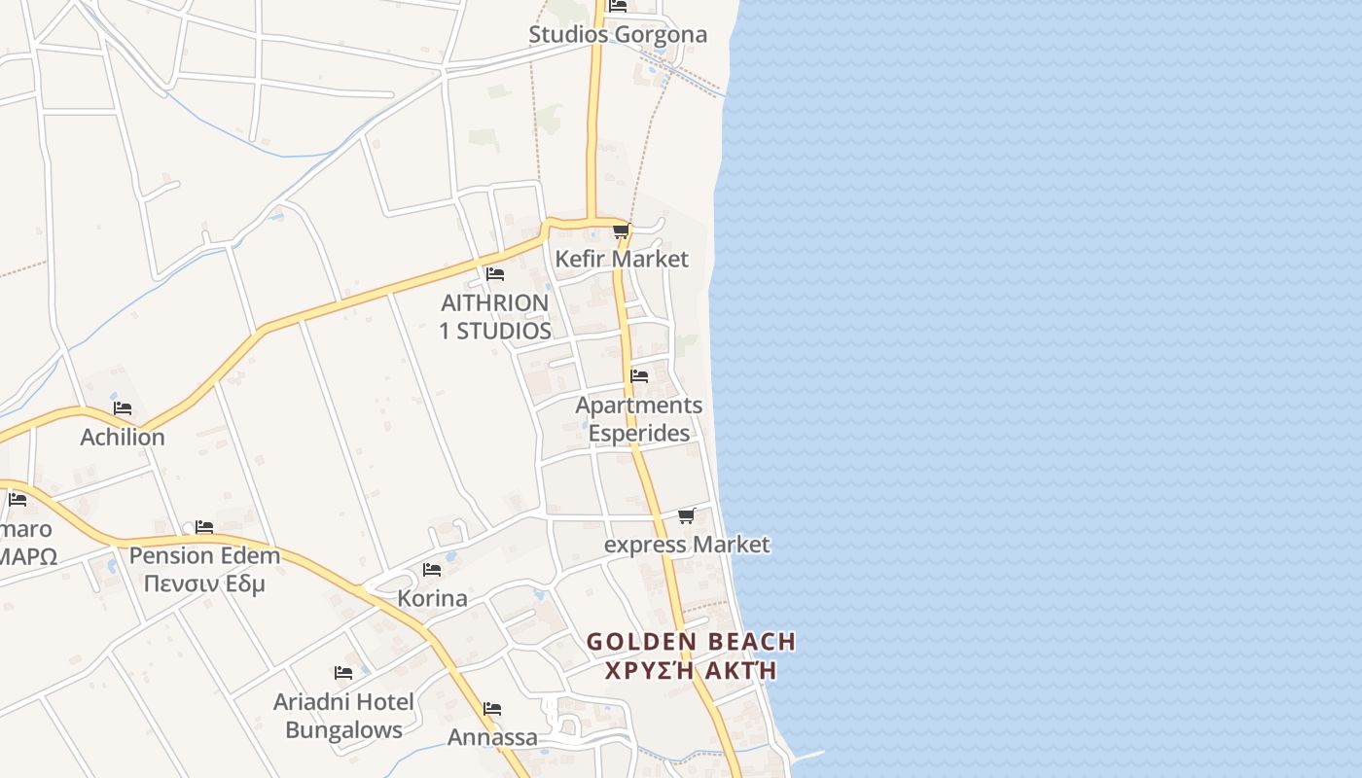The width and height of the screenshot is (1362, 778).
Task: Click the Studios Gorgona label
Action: click(618, 35)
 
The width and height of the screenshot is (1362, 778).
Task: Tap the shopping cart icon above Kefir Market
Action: click(621, 231)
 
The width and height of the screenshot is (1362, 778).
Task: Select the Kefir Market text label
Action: click(621, 259)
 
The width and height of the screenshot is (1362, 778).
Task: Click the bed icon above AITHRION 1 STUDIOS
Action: click(495, 274)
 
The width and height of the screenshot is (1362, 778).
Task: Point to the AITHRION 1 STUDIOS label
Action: click(495, 317)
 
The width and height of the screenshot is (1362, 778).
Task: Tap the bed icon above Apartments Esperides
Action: click(639, 376)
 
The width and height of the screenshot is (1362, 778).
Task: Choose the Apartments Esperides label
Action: click(639, 419)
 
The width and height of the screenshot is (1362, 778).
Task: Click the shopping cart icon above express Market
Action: click(686, 515)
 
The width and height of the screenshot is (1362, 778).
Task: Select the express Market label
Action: click(687, 545)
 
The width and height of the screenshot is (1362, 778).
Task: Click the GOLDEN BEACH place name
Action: click(691, 642)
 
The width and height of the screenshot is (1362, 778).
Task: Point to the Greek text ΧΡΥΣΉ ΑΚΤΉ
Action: click(691, 670)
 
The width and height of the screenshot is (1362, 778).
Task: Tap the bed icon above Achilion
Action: click(123, 408)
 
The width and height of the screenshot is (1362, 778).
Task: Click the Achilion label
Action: click(123, 438)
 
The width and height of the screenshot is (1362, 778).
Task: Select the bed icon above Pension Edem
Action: click(203, 527)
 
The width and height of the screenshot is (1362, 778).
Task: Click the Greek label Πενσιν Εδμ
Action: click(204, 584)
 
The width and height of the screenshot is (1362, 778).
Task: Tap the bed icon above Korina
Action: click(432, 570)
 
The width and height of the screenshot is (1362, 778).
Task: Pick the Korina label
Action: click(432, 598)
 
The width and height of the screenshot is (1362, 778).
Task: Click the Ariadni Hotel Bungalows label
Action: click(343, 716)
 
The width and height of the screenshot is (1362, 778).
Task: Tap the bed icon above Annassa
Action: click(492, 709)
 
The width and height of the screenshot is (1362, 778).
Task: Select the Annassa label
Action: click(492, 737)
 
